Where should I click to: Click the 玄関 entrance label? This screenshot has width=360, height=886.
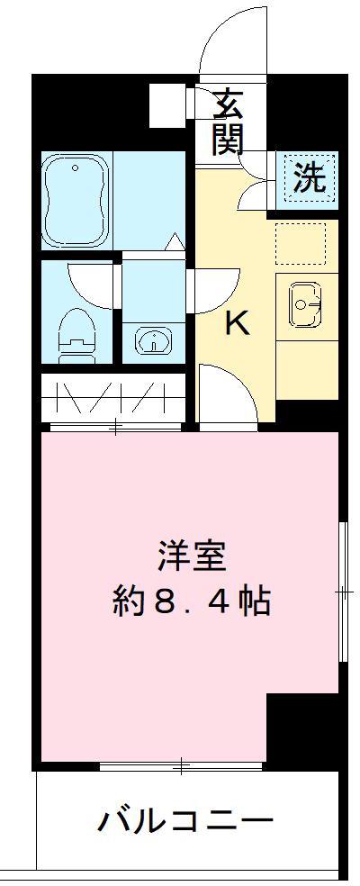click(x=229, y=123)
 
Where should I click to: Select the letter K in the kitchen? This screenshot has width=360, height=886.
click(x=236, y=322)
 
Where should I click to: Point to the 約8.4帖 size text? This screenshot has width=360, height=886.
click(x=191, y=601)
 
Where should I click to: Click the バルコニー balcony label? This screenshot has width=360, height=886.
click(x=185, y=822)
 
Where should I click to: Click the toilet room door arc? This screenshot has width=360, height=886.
click(x=90, y=284)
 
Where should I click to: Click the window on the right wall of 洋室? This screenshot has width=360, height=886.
click(x=343, y=591)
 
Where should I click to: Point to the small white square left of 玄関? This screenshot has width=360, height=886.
click(x=167, y=103)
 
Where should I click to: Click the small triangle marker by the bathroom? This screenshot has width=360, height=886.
click(x=175, y=241)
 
